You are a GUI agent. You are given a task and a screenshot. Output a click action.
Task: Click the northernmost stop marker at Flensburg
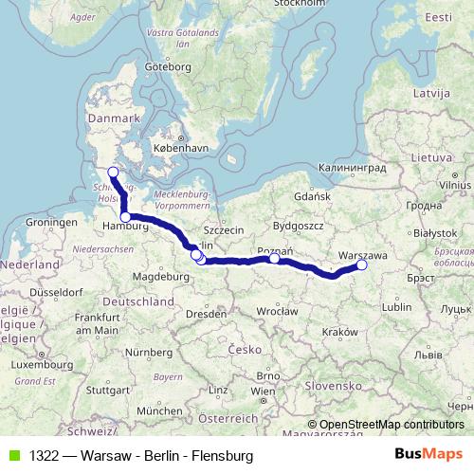click(x=113, y=172)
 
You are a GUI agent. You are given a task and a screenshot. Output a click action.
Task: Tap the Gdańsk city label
click(x=312, y=195)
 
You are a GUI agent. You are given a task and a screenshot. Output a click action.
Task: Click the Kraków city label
click(x=339, y=332)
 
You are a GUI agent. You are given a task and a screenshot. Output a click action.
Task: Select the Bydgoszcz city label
click(x=298, y=226)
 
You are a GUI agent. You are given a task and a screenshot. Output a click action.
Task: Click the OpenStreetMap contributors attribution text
click(x=392, y=424)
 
